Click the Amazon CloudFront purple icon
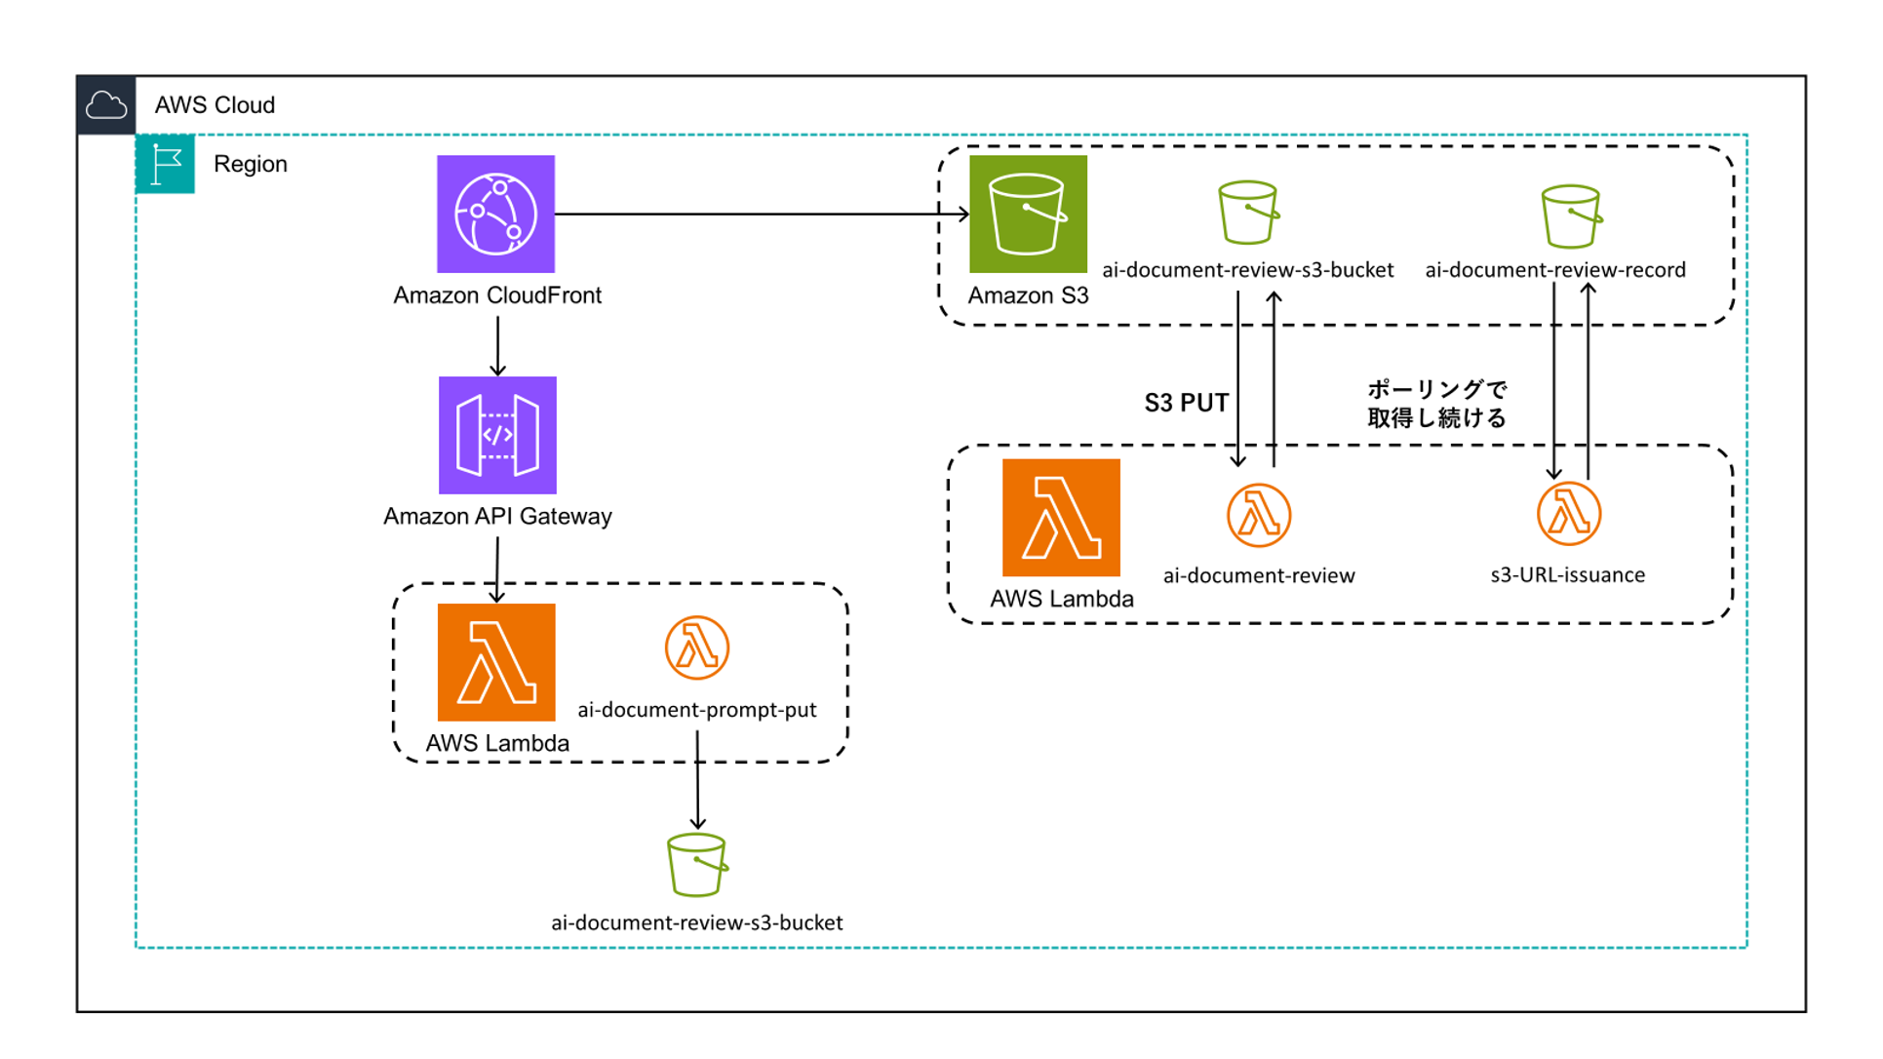(495, 214)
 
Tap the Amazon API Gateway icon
(497, 435)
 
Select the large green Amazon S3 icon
(1028, 214)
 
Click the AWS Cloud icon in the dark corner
(105, 104)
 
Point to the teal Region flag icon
(165, 164)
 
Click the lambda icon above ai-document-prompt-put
(696, 647)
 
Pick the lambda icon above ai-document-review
(1258, 515)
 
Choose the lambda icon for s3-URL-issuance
(1568, 514)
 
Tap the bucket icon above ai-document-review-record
(1570, 216)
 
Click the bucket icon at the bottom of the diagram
(696, 864)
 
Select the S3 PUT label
(1186, 403)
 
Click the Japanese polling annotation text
(1436, 404)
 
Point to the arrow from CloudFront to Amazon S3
(761, 214)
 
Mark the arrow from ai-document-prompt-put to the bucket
(697, 780)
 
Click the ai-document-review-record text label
(1554, 270)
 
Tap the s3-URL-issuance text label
(1567, 575)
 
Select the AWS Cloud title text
(215, 104)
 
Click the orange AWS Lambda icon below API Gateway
(496, 662)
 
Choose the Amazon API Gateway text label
(497, 516)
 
